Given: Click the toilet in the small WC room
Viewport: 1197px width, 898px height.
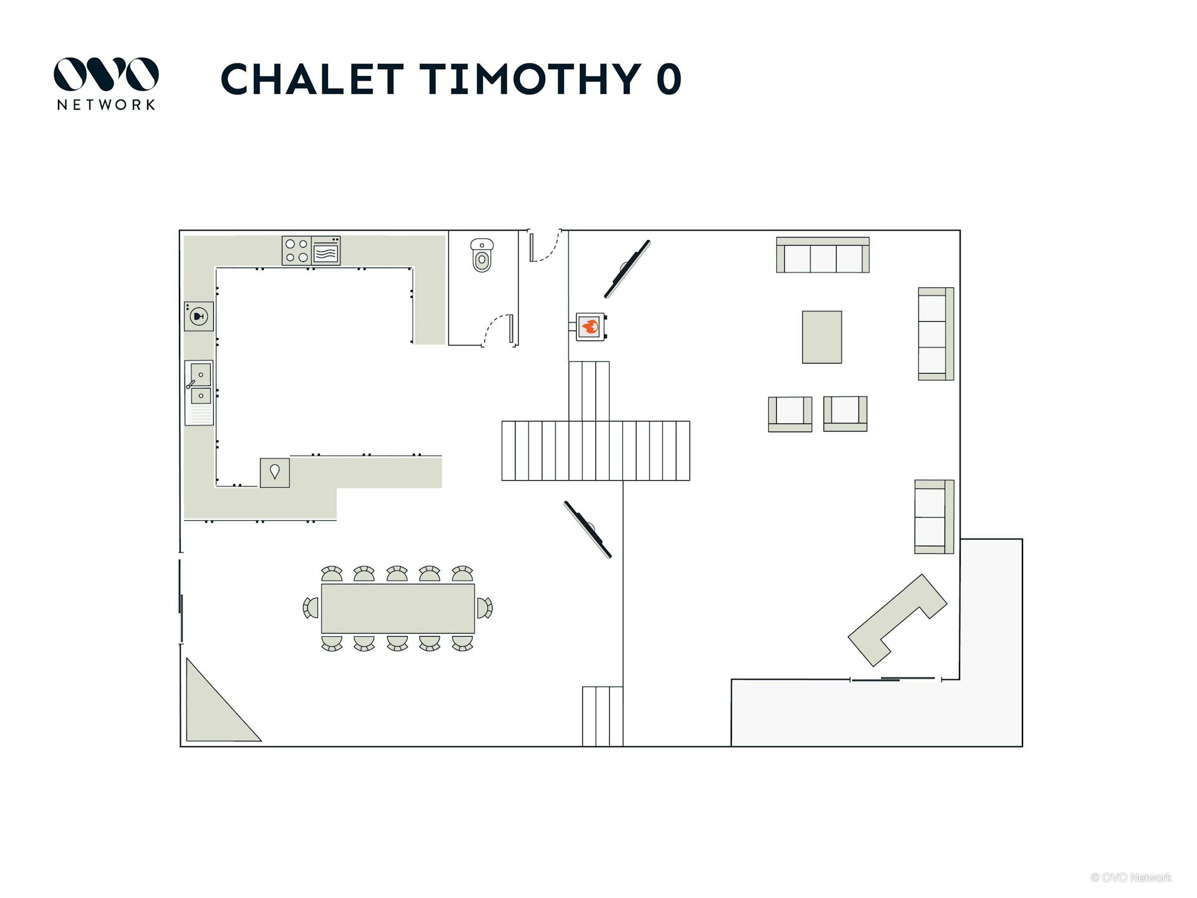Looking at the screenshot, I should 482,255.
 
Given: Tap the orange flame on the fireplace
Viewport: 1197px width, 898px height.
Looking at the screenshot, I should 590,326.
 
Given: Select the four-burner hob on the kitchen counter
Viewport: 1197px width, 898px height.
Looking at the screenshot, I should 296,251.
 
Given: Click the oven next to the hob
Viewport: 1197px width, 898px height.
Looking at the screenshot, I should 326,251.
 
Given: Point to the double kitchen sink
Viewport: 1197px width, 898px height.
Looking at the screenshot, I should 199,384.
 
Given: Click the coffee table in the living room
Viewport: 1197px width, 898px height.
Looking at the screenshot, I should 822,337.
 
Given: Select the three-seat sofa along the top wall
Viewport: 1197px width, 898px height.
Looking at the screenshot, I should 822,255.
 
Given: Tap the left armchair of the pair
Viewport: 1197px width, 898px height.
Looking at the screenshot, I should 790,413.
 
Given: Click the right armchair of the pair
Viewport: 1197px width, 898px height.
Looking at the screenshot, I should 845,413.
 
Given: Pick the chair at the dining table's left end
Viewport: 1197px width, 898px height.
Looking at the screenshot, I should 310,607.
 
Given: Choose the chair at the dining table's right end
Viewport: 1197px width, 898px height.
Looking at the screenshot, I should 484,607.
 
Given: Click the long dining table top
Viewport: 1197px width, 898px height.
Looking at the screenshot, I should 398,608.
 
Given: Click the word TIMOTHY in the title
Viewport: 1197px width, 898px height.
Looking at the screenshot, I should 530,79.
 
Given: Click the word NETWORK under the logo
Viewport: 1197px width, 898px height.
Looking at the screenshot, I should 106,105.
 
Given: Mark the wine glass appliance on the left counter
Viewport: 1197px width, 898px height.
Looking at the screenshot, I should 199,316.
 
